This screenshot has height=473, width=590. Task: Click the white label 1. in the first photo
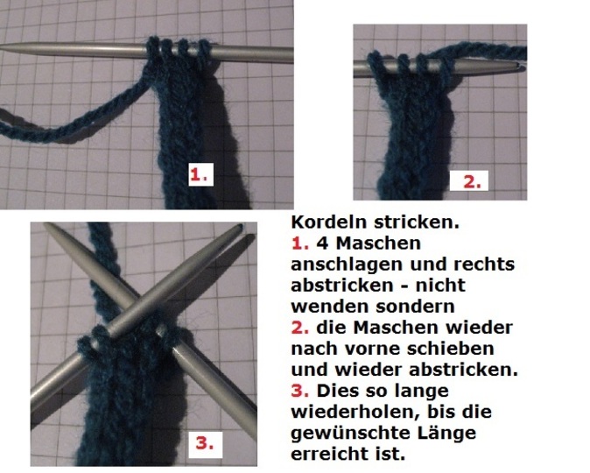pyautogui.click(x=201, y=174)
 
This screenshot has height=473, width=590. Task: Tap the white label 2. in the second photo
pyautogui.click(x=469, y=180)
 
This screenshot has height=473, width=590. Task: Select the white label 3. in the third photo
pyautogui.click(x=206, y=445)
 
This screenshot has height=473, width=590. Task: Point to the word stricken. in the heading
pyautogui.click(x=417, y=222)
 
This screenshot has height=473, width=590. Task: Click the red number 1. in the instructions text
pyautogui.click(x=300, y=244)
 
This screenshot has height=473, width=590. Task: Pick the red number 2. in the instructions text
pyautogui.click(x=300, y=328)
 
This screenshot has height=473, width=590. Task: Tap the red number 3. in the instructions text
pyautogui.click(x=300, y=391)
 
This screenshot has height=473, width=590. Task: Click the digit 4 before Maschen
pyautogui.click(x=322, y=244)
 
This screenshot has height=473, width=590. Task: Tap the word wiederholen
pyautogui.click(x=355, y=412)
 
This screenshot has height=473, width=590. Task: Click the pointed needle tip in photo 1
pyautogui.click(x=3, y=47)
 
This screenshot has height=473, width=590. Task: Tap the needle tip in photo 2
pyautogui.click(x=523, y=66)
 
